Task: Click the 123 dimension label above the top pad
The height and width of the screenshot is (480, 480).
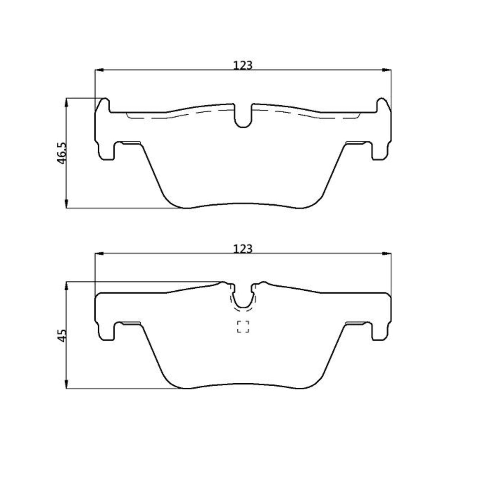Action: (x=242, y=65)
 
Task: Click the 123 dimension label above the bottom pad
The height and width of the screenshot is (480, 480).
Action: (x=242, y=249)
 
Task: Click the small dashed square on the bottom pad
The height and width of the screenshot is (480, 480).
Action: (x=243, y=327)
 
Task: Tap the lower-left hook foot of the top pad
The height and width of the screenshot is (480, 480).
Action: (x=107, y=153)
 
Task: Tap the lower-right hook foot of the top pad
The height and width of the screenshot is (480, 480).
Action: (x=379, y=153)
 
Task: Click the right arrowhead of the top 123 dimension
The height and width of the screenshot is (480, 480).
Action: (x=387, y=70)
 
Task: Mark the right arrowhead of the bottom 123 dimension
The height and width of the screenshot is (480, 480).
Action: (x=387, y=253)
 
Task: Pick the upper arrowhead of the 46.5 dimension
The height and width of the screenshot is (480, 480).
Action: (x=67, y=103)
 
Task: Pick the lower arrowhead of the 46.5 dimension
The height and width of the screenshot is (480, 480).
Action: (x=67, y=203)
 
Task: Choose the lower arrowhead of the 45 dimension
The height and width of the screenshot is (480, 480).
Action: (x=67, y=384)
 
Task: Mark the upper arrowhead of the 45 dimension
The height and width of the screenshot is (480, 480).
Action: (x=67, y=286)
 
